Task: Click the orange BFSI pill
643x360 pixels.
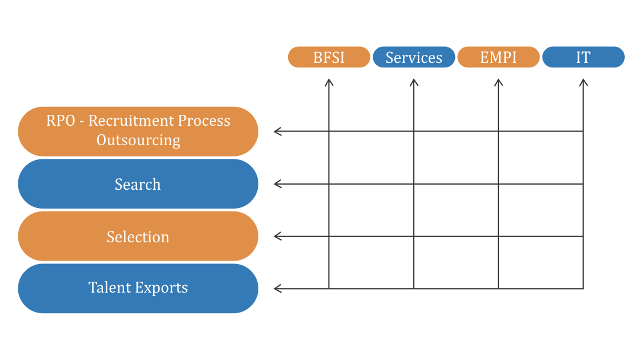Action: [x=329, y=57]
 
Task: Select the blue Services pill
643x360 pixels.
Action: [x=414, y=57]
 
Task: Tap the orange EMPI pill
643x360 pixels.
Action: [x=498, y=57]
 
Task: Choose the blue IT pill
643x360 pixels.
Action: [x=583, y=57]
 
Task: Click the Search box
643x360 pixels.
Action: [x=138, y=183]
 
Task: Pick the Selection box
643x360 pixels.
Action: [x=138, y=236]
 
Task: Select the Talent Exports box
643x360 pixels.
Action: [x=138, y=288]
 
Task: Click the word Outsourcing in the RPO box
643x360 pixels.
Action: [x=138, y=140]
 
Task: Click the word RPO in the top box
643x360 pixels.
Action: [x=61, y=121]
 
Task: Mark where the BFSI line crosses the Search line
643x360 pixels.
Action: [x=329, y=184]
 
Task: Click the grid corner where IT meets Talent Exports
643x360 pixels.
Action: [x=583, y=289]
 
